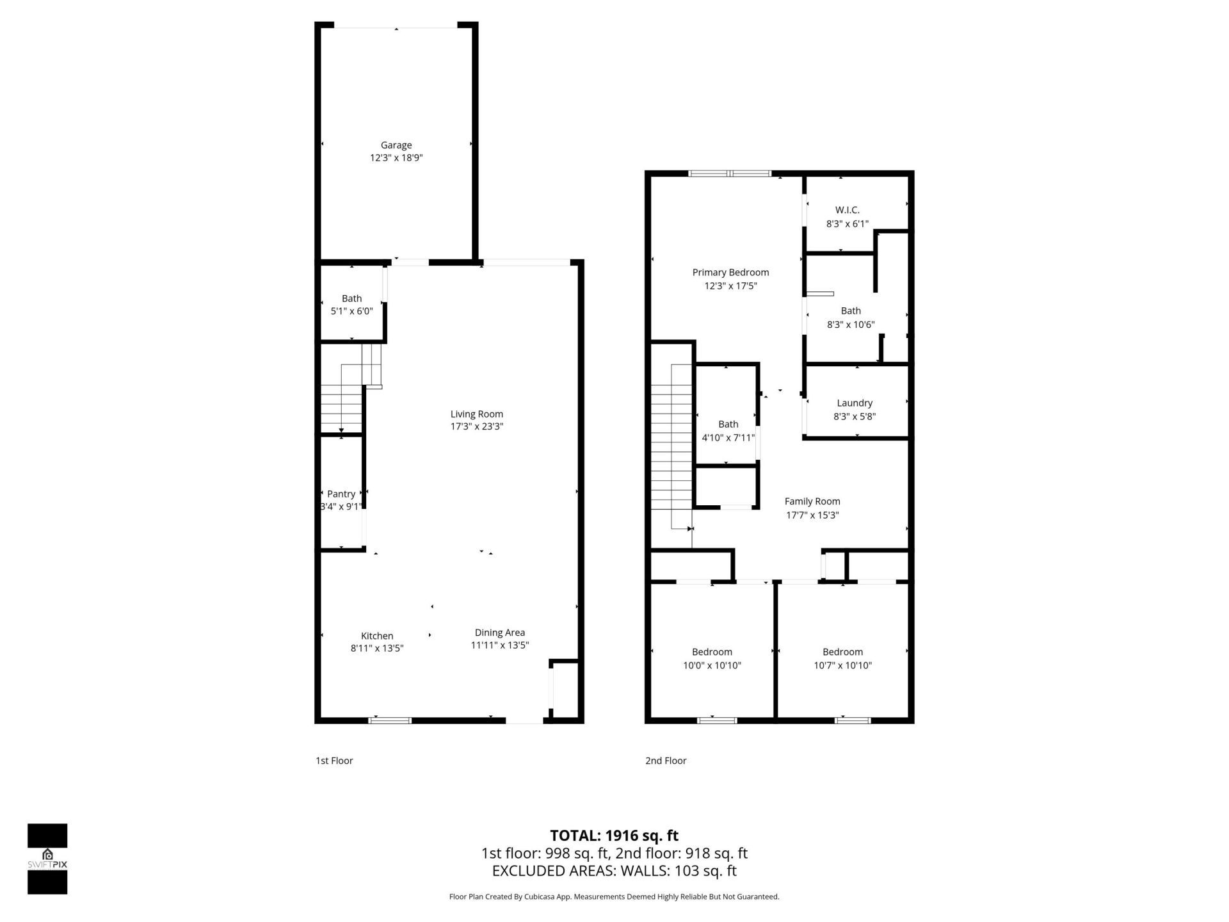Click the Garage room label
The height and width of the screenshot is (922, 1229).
pos(396,145)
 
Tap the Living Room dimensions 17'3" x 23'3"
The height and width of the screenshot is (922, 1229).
pos(476,426)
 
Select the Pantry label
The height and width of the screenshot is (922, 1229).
pos(341,494)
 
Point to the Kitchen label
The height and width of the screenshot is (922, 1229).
pos(377,636)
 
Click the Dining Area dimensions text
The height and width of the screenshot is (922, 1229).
pos(499,645)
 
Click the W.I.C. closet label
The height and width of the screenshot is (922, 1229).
pos(847,210)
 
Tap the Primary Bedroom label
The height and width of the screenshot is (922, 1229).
pos(730,272)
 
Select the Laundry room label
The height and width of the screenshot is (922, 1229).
pos(855,403)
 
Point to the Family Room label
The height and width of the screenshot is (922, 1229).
pos(812,501)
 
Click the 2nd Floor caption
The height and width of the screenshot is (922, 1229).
pos(666,761)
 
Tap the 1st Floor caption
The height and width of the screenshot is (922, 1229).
pos(334,761)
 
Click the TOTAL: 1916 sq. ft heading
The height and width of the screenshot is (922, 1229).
pos(614,836)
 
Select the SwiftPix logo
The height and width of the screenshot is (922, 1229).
pos(47,858)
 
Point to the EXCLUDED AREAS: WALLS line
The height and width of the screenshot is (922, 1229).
pos(614,871)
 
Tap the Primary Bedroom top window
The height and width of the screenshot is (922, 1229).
pos(730,173)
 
